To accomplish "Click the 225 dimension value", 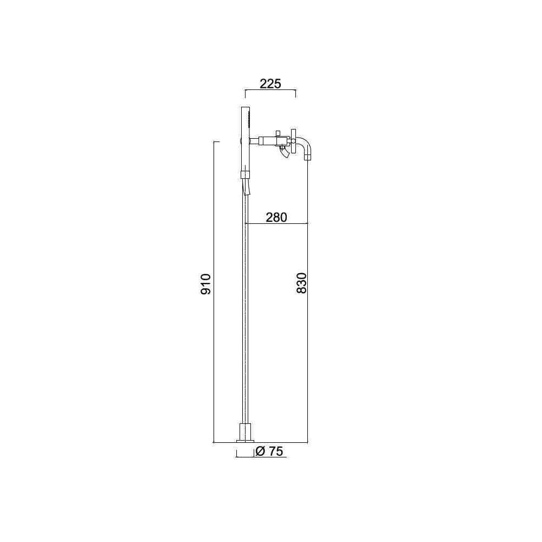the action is pos(270,83).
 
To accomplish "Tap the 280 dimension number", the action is pos(276,217).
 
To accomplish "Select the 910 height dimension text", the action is pos(205,284).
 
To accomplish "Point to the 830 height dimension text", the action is pos(301,283).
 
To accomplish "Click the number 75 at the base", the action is pos(275,451).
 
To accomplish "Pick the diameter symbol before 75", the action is pos(260,451).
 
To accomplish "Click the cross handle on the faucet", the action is pos(293,141).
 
